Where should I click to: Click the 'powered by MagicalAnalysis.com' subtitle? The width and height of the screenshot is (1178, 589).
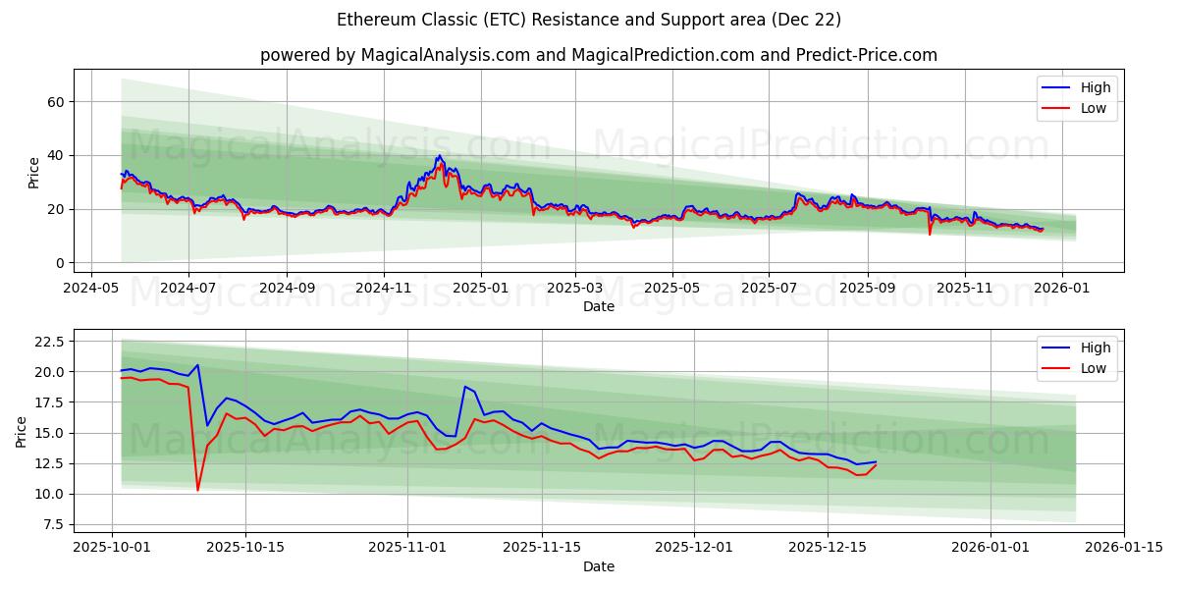click(x=598, y=55)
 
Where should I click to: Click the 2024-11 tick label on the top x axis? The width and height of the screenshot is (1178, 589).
click(x=383, y=288)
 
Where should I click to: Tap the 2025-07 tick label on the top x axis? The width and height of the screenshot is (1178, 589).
click(x=769, y=288)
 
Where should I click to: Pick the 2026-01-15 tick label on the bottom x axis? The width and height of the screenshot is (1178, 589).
click(x=1123, y=548)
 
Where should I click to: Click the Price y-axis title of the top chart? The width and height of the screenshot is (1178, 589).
click(x=34, y=172)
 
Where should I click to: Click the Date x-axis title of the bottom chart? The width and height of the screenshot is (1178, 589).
click(x=598, y=566)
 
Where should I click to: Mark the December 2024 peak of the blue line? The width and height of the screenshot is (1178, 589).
click(x=439, y=156)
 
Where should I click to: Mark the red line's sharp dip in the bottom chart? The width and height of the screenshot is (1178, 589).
click(x=197, y=490)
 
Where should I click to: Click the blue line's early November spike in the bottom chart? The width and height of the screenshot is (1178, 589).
click(x=465, y=386)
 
